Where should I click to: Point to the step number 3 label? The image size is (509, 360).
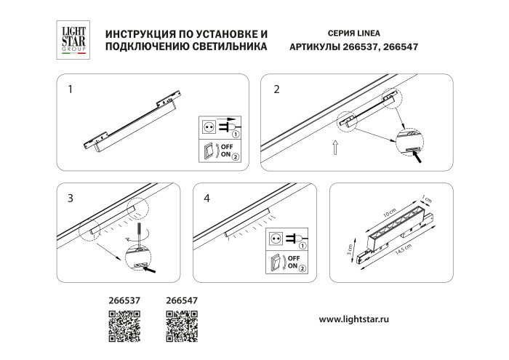[70, 199]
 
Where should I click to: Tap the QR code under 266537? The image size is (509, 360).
[124, 325]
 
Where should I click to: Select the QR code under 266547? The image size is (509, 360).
[183, 325]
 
